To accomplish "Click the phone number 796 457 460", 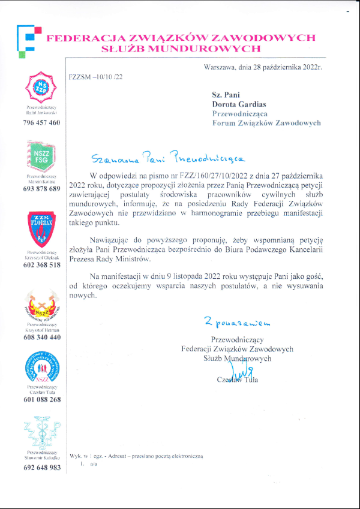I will (x=41, y=122).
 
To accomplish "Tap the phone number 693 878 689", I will (x=41, y=189).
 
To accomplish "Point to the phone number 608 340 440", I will (x=41, y=337).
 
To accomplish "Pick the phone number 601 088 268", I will (x=41, y=399).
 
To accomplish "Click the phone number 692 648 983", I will (x=41, y=468).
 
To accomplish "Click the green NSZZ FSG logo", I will (x=41, y=157).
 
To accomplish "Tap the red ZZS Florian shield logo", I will (x=41, y=230).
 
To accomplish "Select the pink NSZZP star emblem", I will (x=41, y=87).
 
